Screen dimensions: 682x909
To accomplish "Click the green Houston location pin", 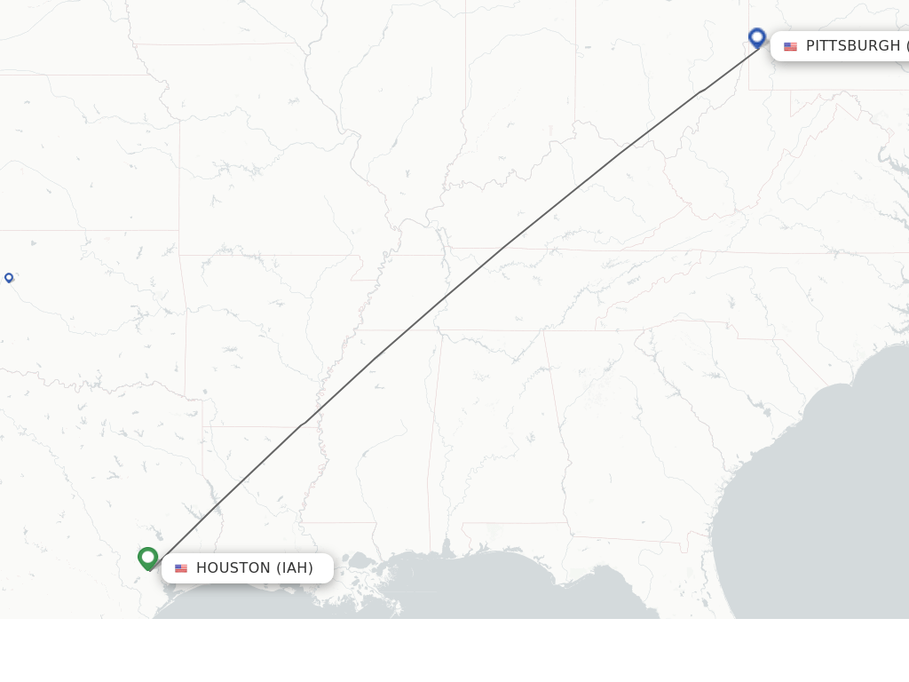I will (148, 558).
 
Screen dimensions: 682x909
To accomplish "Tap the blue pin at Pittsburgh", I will (757, 37).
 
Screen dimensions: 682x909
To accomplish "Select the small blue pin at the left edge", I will (9, 278).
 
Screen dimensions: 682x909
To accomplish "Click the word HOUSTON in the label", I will (233, 568).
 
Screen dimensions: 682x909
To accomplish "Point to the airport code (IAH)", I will (295, 568).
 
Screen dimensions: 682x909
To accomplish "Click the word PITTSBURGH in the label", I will (852, 46).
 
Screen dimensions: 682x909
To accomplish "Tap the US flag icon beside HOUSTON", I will (181, 568).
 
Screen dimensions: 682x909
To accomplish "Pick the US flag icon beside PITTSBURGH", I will (790, 46).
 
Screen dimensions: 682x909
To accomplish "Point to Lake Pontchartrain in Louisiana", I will (360, 561).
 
